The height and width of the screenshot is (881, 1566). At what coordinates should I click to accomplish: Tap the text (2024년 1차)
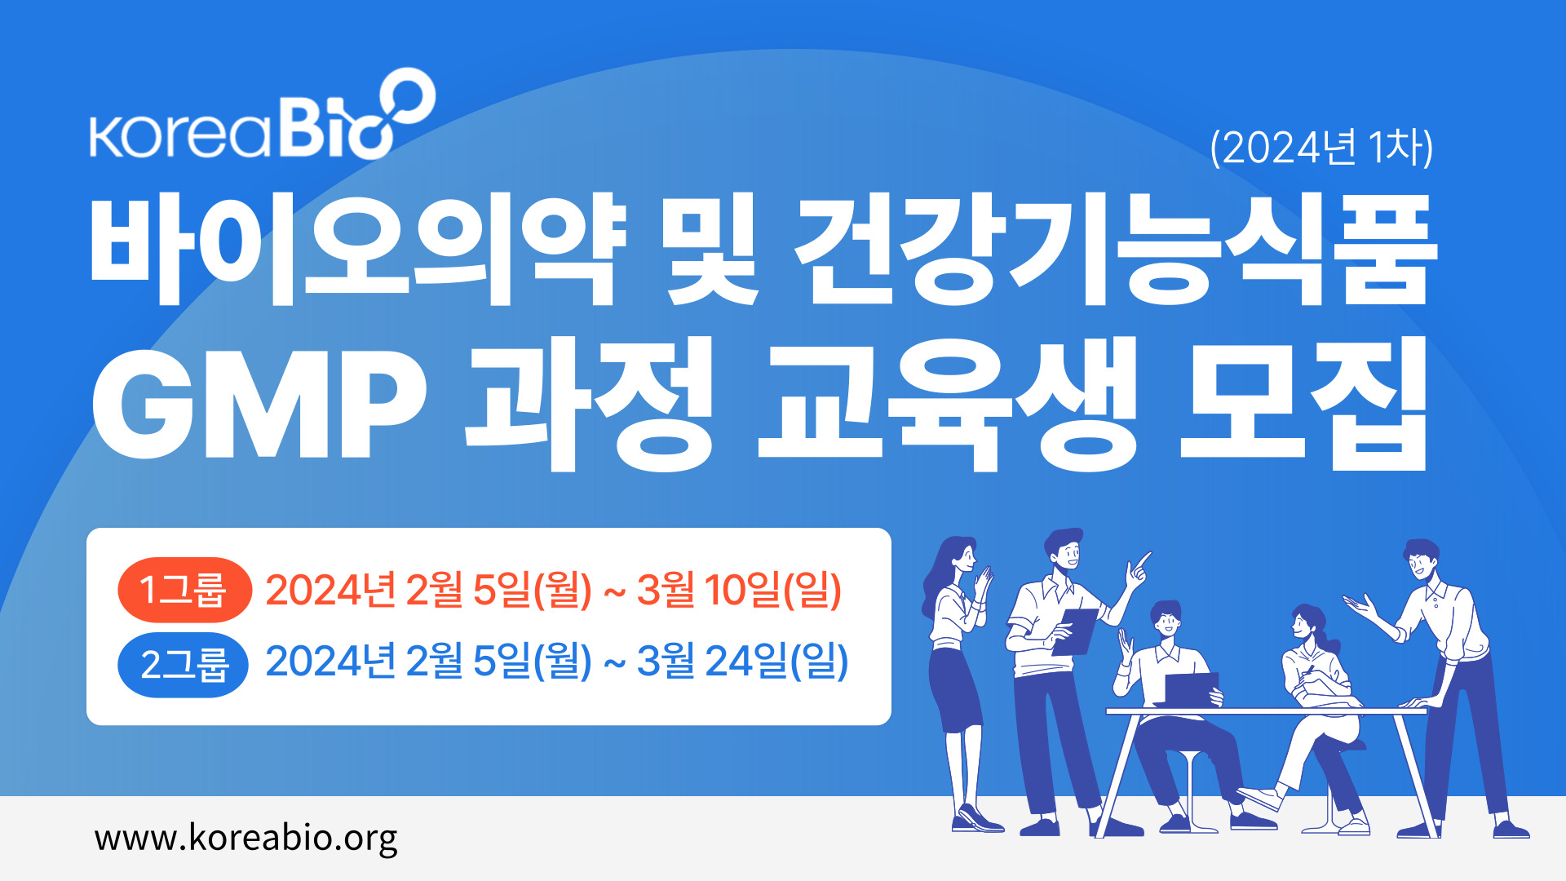1321,148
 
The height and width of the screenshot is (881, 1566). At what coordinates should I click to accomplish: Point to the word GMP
259,405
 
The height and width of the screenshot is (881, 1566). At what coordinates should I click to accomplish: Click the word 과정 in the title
590,404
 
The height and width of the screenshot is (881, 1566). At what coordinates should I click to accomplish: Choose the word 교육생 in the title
947,404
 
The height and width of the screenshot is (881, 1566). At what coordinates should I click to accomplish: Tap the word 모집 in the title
1305,404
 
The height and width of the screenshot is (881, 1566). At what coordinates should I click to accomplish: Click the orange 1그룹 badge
184,590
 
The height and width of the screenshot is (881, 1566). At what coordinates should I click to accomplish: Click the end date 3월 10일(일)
739,590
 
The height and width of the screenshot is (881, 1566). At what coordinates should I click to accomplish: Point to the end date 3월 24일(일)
743,662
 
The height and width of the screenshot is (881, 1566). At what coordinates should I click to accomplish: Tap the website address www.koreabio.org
246,839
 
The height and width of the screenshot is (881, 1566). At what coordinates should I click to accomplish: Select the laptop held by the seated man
1190,689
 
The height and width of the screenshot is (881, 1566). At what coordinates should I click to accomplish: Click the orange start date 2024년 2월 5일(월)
428,590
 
